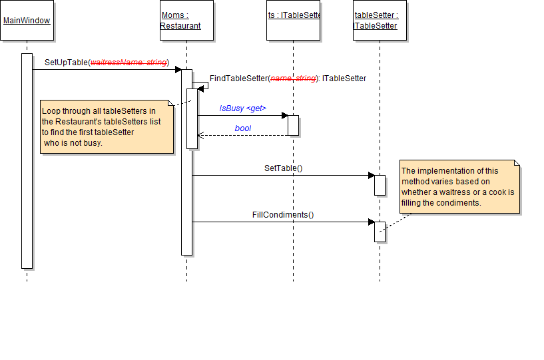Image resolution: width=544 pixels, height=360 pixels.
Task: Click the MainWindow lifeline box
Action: click(x=27, y=21)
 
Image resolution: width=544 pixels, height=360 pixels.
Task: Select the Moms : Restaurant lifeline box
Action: click(x=186, y=21)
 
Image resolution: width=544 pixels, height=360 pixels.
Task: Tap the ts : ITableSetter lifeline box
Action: click(x=294, y=21)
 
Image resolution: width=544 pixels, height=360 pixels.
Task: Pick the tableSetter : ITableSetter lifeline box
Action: click(x=380, y=21)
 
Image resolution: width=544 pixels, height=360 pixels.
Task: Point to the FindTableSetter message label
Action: click(x=288, y=79)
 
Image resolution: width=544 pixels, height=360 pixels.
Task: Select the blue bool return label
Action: click(x=242, y=128)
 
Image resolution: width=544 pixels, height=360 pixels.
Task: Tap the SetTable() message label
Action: click(x=283, y=168)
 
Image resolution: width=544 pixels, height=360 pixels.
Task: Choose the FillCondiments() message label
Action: click(x=282, y=214)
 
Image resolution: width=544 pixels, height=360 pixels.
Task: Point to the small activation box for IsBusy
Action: click(x=293, y=125)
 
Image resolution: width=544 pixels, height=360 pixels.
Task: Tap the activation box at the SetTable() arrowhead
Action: click(x=380, y=185)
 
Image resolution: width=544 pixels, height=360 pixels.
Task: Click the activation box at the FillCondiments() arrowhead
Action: click(x=380, y=232)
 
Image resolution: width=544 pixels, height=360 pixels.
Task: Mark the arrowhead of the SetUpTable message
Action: click(x=177, y=69)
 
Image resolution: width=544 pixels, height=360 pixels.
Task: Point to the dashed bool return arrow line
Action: click(x=242, y=135)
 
